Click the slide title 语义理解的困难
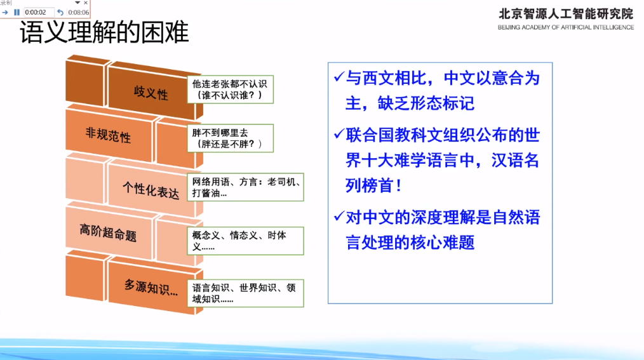pyautogui.click(x=105, y=33)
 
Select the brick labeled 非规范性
pyautogui.click(x=108, y=135)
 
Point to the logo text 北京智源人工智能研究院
pyautogui.click(x=566, y=13)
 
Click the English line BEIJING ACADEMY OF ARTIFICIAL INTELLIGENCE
pyautogui.click(x=566, y=27)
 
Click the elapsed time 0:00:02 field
pyautogui.click(x=37, y=12)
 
